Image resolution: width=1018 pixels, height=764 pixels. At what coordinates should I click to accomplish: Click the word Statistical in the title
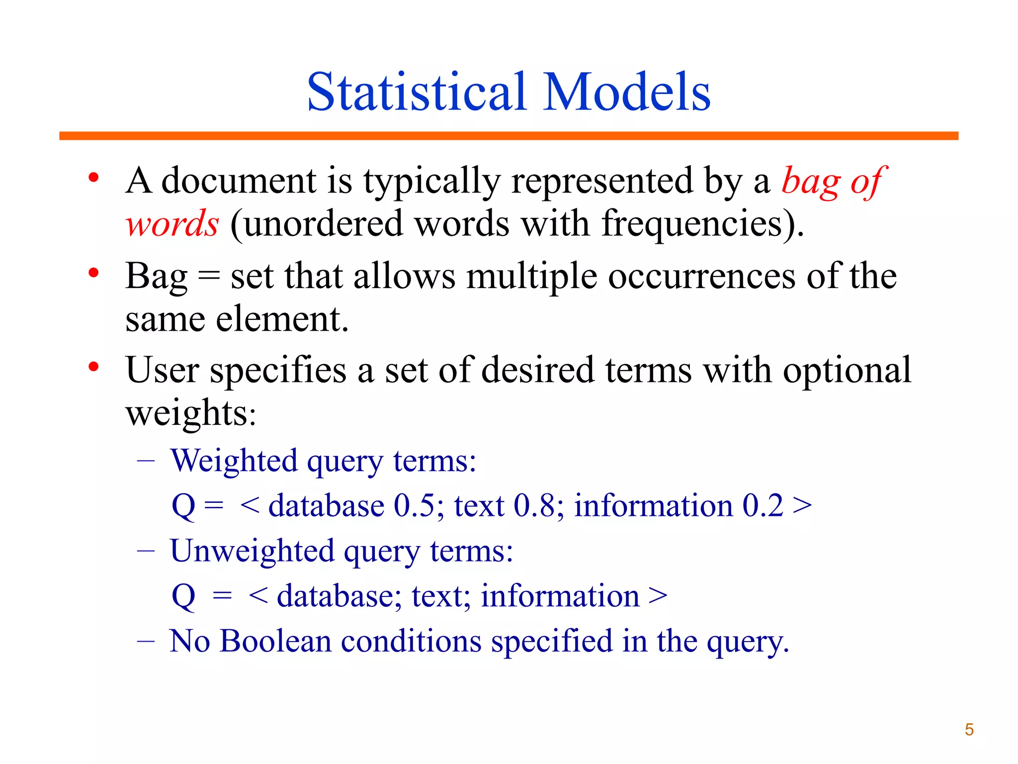tap(417, 93)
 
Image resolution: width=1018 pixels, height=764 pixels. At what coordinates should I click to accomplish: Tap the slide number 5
tap(969, 730)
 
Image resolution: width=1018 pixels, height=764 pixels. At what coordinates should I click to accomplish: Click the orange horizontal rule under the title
tap(509, 136)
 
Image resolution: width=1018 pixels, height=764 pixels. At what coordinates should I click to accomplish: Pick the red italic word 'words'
tap(171, 224)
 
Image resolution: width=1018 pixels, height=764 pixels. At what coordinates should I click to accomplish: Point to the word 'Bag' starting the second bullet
tap(156, 277)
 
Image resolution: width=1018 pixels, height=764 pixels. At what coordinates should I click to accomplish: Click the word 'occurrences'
tap(701, 277)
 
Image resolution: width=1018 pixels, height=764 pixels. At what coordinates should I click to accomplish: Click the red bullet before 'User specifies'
tap(93, 367)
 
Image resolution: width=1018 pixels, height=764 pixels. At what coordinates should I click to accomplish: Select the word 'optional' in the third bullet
tap(847, 371)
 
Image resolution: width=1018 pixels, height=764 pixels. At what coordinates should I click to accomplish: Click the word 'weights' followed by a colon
tap(186, 413)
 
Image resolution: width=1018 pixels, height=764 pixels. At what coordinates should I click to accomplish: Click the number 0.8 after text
tap(534, 506)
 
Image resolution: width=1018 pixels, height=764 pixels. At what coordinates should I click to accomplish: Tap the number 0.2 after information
tap(763, 506)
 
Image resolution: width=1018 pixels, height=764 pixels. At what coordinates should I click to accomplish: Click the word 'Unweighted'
tap(252, 552)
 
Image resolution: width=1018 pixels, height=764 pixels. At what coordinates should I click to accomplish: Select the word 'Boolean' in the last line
tap(275, 641)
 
